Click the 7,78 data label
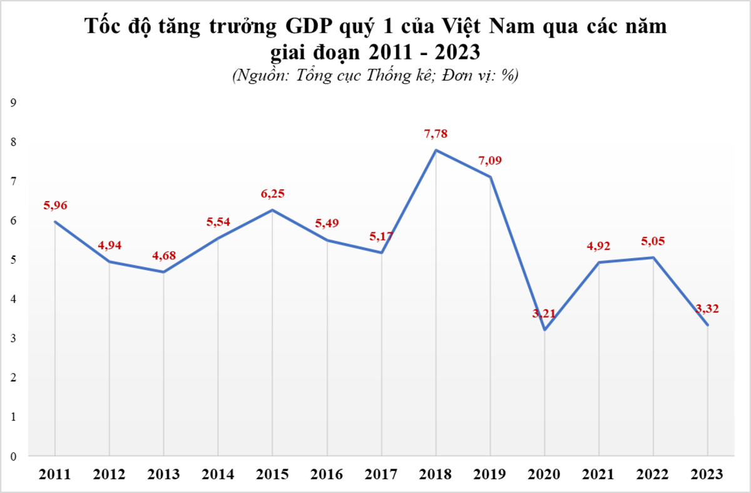(x=436, y=133)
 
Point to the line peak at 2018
(x=436, y=150)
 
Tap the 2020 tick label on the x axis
(x=544, y=474)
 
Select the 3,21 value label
(x=544, y=313)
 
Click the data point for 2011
(x=55, y=222)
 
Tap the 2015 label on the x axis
(x=272, y=474)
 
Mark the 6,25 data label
(x=272, y=194)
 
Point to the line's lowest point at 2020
(x=544, y=330)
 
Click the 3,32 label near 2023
(x=707, y=308)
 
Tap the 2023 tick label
(x=707, y=474)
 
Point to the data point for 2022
(x=653, y=257)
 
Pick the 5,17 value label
(x=381, y=236)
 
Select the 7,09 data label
(x=490, y=160)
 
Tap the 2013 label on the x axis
(x=163, y=474)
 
